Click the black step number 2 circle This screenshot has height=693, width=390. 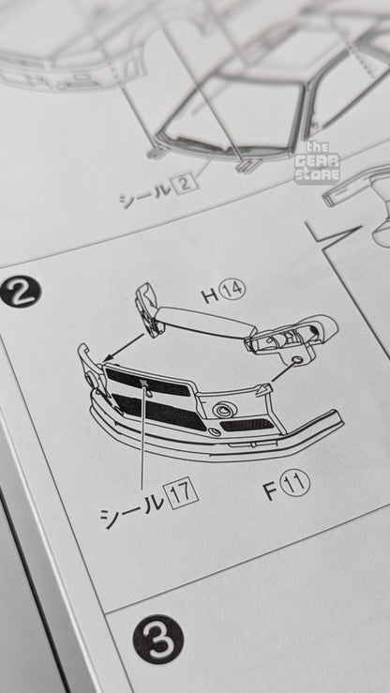pyautogui.click(x=21, y=292)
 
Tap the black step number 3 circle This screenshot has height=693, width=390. pyautogui.click(x=158, y=640)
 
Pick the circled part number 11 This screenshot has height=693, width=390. pyautogui.click(x=296, y=483)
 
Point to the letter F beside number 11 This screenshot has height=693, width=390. pyautogui.click(x=271, y=490)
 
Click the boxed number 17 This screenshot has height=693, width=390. pyautogui.click(x=180, y=492)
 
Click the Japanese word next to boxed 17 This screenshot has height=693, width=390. pyautogui.click(x=131, y=508)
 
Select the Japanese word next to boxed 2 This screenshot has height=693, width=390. pyautogui.click(x=144, y=194)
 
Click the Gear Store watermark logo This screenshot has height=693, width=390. pyautogui.click(x=317, y=162)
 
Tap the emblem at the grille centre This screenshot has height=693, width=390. pyautogui.click(x=143, y=383)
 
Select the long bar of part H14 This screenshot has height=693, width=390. pyautogui.click(x=206, y=321)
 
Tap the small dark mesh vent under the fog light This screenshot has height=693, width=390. pyautogui.click(x=247, y=425)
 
